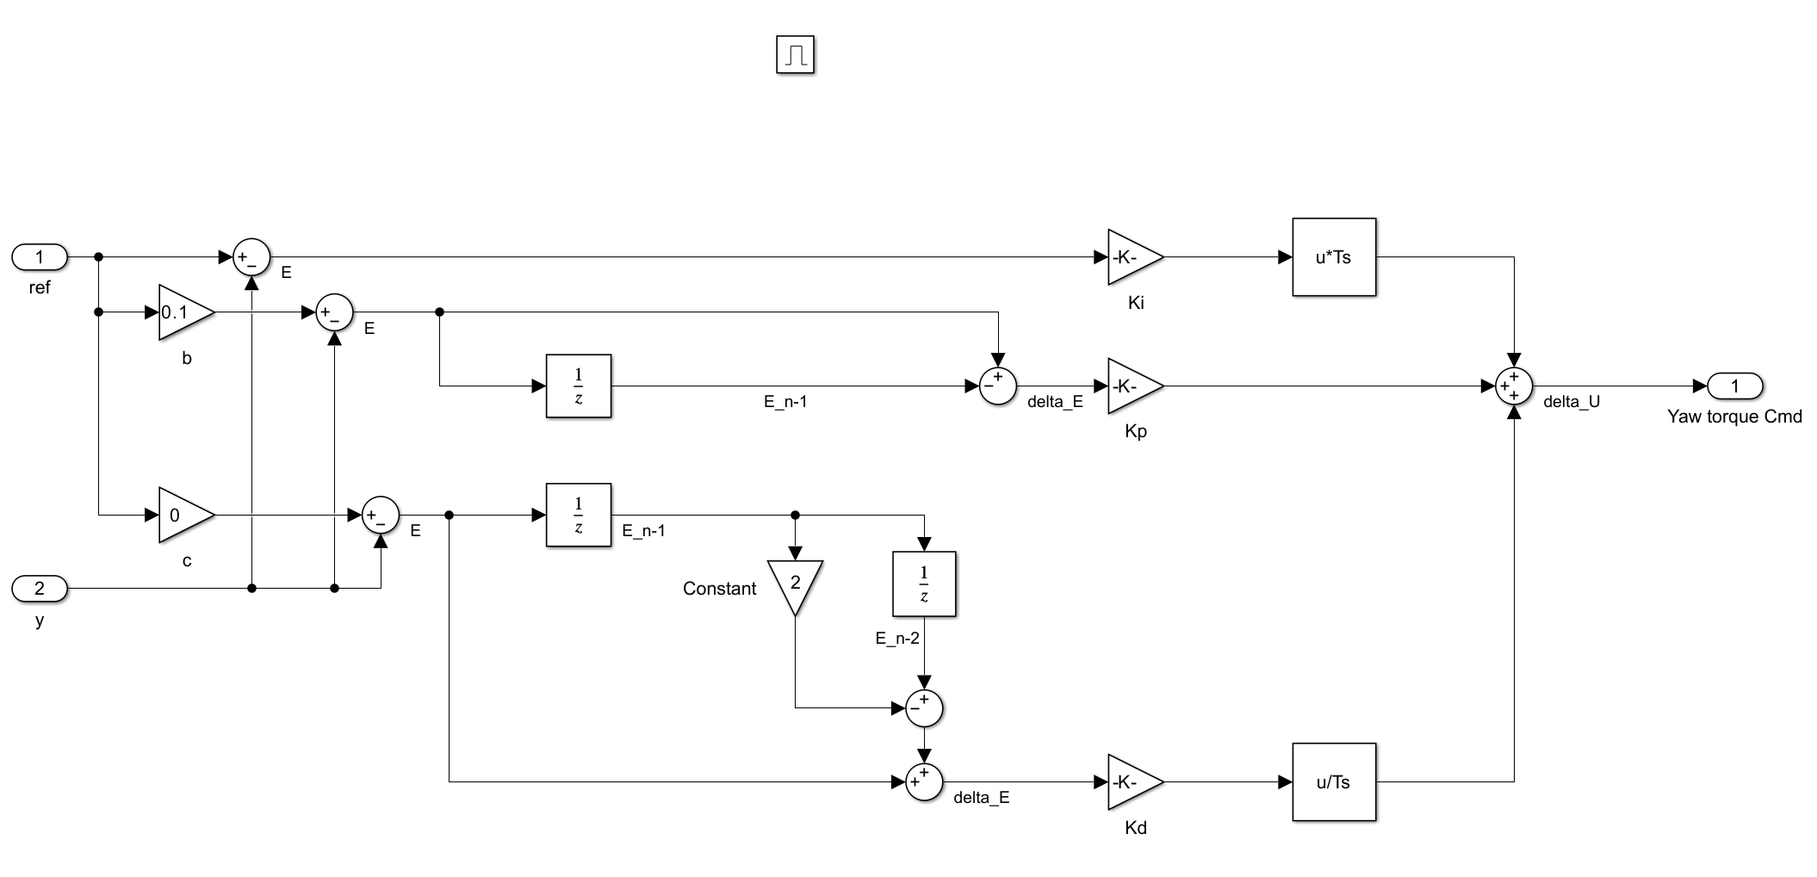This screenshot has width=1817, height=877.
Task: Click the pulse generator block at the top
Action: point(795,55)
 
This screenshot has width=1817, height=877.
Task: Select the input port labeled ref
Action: point(40,256)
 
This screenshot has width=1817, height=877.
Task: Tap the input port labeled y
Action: point(40,589)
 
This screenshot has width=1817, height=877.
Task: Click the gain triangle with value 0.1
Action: point(183,312)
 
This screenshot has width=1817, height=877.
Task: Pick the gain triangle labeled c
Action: point(183,516)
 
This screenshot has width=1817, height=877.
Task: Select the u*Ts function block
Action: point(1333,257)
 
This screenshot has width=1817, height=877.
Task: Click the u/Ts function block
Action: point(1333,782)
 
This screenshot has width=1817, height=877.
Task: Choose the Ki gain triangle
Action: point(1132,257)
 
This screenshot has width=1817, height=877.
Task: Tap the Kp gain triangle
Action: point(1132,386)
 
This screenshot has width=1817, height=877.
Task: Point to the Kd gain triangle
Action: point(1132,782)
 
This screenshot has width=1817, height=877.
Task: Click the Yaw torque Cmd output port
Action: point(1735,386)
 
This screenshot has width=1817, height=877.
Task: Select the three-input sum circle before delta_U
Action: point(1514,386)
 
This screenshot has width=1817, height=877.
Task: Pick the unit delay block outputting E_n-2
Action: point(924,584)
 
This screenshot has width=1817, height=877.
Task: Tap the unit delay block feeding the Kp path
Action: point(579,386)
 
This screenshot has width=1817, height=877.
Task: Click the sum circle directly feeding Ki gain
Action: point(251,256)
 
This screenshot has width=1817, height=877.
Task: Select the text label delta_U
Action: point(1572,402)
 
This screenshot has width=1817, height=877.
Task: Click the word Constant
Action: point(719,589)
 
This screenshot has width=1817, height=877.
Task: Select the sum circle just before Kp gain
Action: point(997,386)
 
